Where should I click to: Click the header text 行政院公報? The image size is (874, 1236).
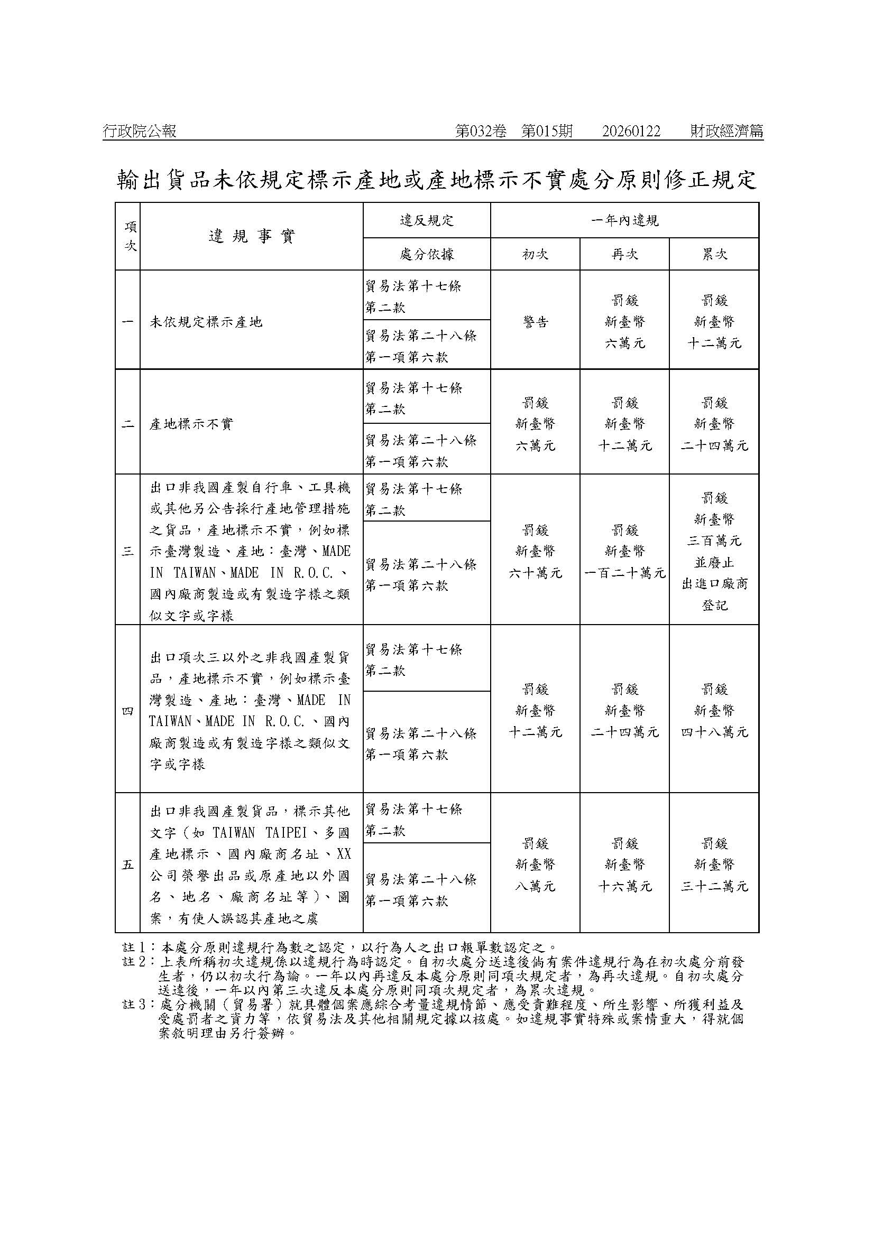point(140,132)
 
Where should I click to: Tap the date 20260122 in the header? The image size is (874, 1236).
point(631,132)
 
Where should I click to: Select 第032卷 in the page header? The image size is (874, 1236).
point(481,132)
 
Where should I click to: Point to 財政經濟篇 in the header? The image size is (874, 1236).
point(727,132)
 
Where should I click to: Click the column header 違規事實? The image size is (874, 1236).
point(252,236)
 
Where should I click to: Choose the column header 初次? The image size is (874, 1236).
point(535,254)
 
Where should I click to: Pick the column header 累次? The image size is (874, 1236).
point(714,254)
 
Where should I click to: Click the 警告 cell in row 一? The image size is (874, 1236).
point(535,322)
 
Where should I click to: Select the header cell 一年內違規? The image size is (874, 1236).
point(624,220)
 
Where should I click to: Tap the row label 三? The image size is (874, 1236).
point(127,551)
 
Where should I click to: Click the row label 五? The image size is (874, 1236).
point(127,865)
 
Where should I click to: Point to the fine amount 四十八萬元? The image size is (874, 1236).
point(714,732)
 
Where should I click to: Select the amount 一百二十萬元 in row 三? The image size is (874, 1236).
point(624,573)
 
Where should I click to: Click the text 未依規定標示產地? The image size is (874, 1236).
point(206,322)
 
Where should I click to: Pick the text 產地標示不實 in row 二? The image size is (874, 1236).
point(191,424)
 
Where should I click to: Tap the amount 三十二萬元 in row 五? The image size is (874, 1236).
point(714,886)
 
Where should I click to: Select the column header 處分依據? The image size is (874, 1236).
point(427,254)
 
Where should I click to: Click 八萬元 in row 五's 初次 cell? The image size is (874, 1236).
point(535,886)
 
